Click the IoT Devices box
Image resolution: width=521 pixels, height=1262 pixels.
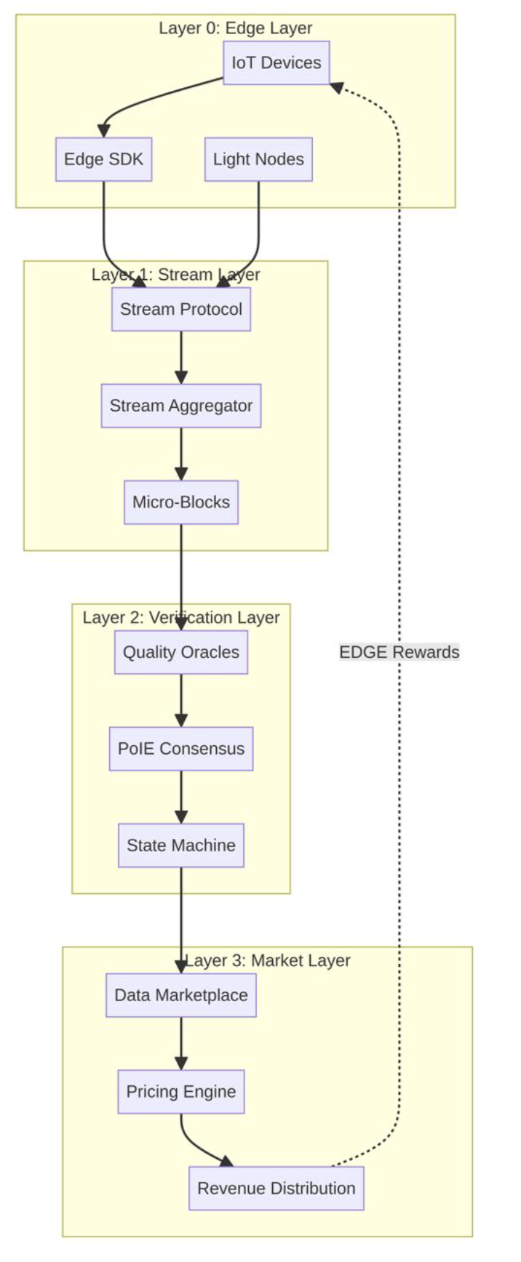(276, 63)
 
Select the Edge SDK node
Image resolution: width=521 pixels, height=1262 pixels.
(103, 159)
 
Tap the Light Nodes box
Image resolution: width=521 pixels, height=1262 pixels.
(258, 159)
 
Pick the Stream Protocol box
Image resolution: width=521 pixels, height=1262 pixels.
(180, 309)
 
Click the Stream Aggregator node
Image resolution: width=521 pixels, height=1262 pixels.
(180, 406)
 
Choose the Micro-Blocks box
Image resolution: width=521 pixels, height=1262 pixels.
(180, 502)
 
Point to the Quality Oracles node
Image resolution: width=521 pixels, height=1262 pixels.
(180, 652)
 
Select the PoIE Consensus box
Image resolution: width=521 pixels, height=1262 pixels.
(180, 749)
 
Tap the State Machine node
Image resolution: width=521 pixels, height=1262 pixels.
(180, 845)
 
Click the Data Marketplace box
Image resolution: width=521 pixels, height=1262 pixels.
(180, 995)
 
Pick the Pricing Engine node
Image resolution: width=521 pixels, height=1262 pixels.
(180, 1092)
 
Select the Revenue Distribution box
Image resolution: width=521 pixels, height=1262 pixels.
(276, 1189)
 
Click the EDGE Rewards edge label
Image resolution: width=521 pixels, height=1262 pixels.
(399, 652)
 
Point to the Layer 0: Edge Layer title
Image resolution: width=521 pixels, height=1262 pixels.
(235, 28)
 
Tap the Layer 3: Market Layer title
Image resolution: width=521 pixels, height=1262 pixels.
(268, 960)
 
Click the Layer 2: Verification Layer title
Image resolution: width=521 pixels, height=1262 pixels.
(180, 617)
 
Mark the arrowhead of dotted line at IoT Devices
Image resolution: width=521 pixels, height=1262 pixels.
(336, 87)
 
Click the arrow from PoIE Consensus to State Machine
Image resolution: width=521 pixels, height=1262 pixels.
(180, 797)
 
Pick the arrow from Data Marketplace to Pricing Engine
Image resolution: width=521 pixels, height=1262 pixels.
(180, 1043)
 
